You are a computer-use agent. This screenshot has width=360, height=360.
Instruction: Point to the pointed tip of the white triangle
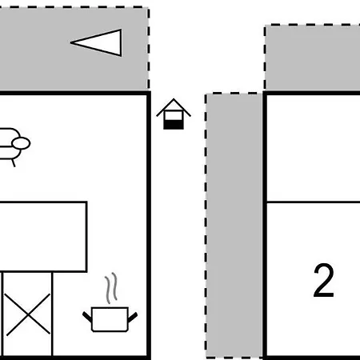coord(70,42)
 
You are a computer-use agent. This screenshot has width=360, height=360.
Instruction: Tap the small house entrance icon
coord(174,114)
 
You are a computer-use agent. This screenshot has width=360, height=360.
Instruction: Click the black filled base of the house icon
coord(174,125)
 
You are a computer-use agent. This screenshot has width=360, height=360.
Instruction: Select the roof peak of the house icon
coord(174,99)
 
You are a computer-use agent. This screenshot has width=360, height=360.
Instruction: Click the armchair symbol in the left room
coord(14,146)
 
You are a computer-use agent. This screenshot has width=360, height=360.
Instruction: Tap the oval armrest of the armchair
coord(21,143)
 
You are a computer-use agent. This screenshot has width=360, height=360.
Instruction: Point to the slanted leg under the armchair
coord(14,162)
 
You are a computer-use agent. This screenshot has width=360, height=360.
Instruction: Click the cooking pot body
coord(110,319)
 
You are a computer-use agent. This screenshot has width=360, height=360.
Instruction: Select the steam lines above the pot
coord(111,288)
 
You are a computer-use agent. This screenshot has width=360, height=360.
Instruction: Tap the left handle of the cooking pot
coord(87,317)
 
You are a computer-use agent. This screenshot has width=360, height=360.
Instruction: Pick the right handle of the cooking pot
coord(133,317)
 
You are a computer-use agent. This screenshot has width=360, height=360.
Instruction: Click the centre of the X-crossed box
coord(28,314)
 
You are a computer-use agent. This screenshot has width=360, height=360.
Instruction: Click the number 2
coord(324,280)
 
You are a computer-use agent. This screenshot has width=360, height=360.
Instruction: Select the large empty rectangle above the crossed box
coord(42,237)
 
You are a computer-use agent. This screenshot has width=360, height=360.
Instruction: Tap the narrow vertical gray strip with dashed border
coord(234,226)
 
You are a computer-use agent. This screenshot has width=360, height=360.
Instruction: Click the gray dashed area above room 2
coord(312,58)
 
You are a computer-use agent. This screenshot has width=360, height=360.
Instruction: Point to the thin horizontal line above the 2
coord(314,202)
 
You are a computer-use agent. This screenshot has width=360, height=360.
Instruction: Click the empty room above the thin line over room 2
coord(314,148)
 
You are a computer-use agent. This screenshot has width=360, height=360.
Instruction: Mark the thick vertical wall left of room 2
coord(265,226)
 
